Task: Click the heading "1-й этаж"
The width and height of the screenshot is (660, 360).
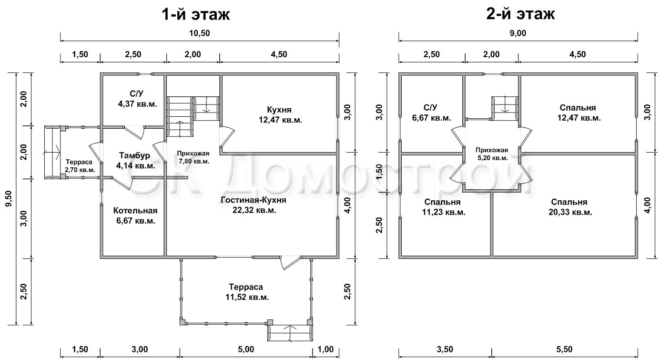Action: click(x=196, y=14)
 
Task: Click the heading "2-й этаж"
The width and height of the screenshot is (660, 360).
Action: click(x=520, y=14)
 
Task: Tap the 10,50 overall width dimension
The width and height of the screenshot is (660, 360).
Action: click(x=200, y=33)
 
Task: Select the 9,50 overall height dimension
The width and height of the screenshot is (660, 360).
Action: click(x=9, y=198)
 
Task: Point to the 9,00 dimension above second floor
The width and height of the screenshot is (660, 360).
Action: click(x=518, y=33)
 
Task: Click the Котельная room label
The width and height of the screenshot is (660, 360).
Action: click(x=135, y=210)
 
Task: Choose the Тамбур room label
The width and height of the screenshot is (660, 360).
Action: click(x=135, y=155)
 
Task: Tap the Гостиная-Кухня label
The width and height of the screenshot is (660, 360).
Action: click(x=254, y=200)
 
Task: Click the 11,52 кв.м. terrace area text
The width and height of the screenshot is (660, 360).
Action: click(x=247, y=297)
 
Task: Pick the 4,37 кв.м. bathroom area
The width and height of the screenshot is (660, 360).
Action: click(x=138, y=104)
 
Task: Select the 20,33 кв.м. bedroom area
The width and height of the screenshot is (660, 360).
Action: click(x=570, y=212)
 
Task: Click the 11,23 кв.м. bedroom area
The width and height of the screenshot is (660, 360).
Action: click(x=444, y=212)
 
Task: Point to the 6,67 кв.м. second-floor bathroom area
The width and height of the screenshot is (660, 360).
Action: click(x=431, y=118)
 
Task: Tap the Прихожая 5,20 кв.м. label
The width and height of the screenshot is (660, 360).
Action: click(x=492, y=154)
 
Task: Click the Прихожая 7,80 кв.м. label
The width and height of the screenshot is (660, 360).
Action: click(x=193, y=157)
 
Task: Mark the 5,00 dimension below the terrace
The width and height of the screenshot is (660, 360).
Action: click(x=246, y=350)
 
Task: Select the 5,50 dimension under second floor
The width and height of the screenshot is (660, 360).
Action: click(x=564, y=350)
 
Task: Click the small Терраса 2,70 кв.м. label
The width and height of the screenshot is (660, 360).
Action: click(x=80, y=166)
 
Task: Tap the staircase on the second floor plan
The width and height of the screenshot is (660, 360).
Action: click(x=505, y=108)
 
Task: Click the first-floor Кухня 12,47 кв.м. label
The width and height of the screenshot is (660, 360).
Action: click(x=281, y=115)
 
